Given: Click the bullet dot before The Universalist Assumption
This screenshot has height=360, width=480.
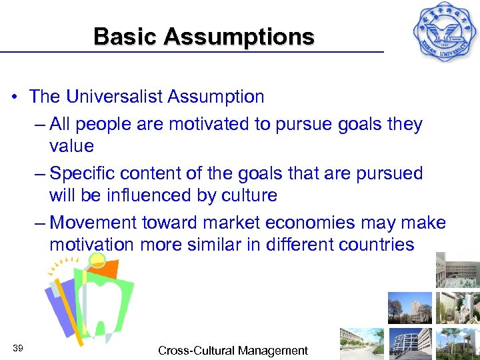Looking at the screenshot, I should [x=15, y=97].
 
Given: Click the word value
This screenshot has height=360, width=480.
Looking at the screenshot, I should [x=71, y=146].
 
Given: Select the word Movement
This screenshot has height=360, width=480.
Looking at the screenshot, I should [x=91, y=222].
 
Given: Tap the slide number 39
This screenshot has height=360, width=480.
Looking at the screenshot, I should [x=18, y=349].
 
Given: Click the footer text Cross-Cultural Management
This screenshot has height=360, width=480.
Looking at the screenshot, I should [x=233, y=350].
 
